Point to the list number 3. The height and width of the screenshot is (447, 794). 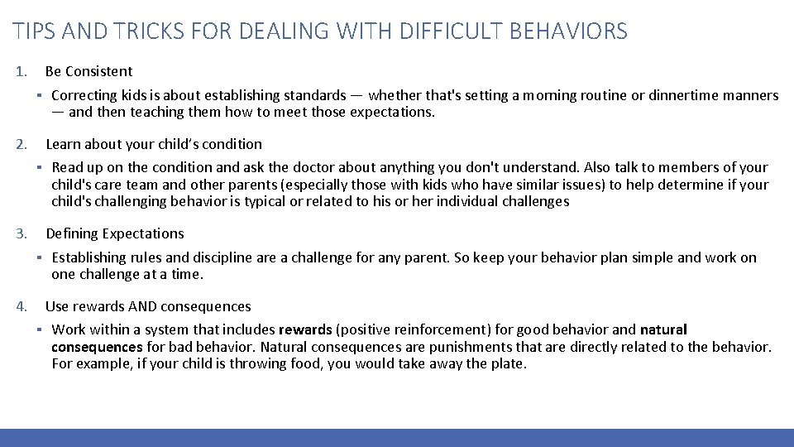coord(21,233)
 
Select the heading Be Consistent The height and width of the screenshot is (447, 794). coord(88,71)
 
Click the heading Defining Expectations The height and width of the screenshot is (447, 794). coord(115,233)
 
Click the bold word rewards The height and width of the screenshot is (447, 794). coord(305,330)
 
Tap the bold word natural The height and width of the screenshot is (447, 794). coord(663,330)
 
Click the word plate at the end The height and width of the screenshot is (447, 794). coord(507,363)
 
